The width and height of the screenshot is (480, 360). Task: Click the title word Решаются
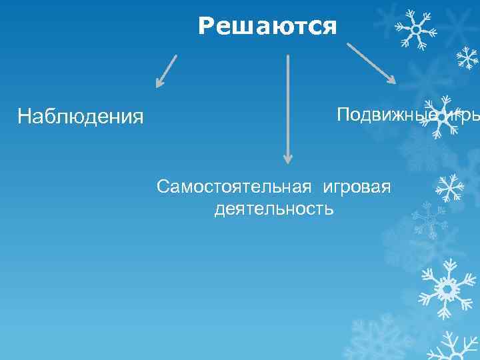(x=267, y=27)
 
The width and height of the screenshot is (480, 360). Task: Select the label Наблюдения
(x=80, y=117)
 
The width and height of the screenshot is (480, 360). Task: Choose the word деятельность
(x=273, y=209)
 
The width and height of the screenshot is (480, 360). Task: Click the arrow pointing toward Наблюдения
(x=167, y=71)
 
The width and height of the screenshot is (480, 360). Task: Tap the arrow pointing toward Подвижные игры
(x=371, y=63)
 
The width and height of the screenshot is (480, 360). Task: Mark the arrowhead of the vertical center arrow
(x=288, y=158)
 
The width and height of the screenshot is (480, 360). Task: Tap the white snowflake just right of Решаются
(x=415, y=29)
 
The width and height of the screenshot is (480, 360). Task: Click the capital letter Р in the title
(x=206, y=27)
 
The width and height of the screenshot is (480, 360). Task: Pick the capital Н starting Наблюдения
(x=24, y=117)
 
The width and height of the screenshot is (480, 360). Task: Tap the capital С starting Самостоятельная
(x=164, y=187)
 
